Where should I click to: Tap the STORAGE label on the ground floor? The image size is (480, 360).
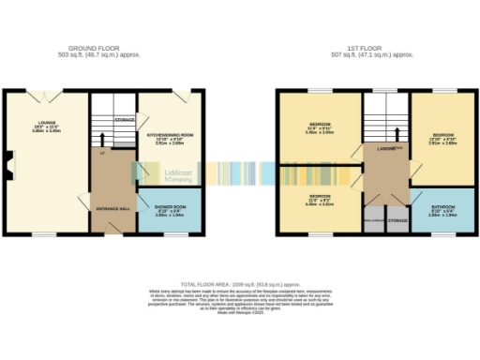(x=125, y=120)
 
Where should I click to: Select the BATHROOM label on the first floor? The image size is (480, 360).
(x=442, y=208)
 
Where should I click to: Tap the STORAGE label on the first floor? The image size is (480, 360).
(x=397, y=220)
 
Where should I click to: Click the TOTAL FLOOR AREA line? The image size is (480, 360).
(x=240, y=283)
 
